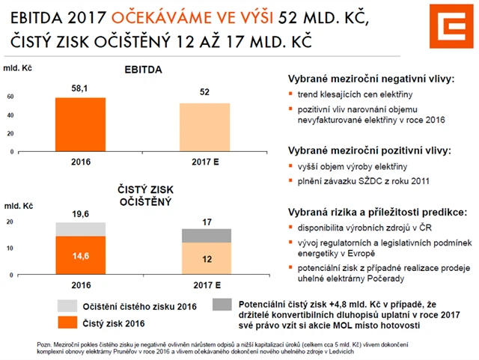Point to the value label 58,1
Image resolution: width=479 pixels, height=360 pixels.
(80, 89)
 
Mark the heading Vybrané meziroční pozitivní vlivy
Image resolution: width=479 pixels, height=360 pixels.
(370, 150)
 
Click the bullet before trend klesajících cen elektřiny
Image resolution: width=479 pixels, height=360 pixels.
(292, 95)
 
